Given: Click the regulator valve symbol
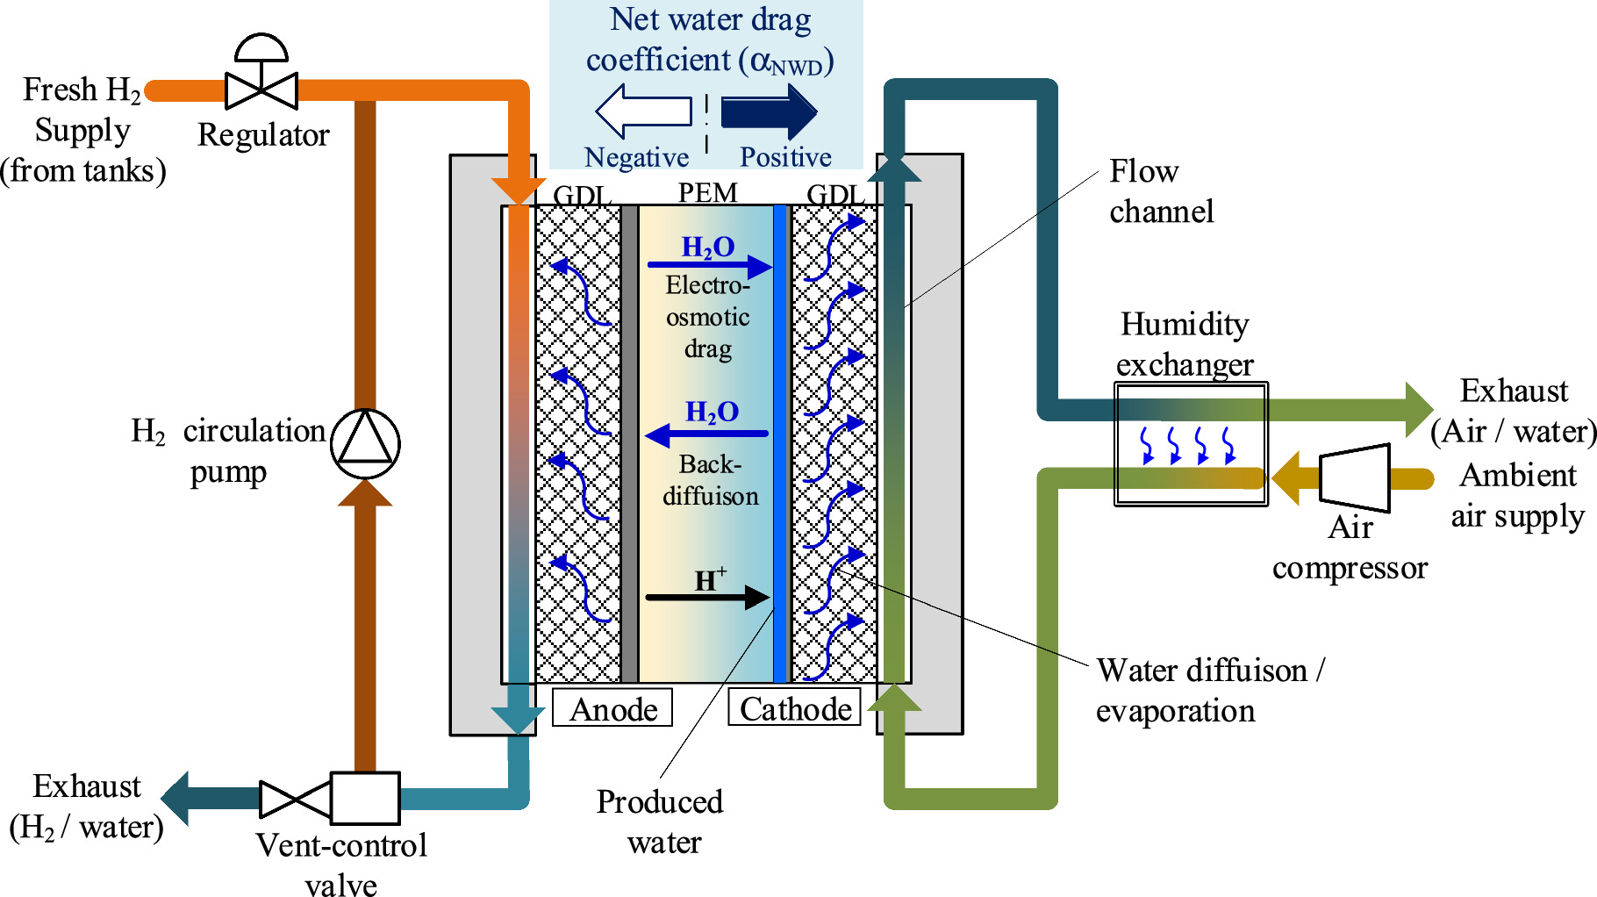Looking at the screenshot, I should pos(261,90).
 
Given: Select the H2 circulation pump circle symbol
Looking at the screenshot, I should pos(365,443).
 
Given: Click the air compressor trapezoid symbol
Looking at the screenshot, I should pos(1355,477).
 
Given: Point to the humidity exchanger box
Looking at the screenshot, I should pos(1191,443).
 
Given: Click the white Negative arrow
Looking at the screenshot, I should pos(643,111).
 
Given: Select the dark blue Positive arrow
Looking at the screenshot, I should pos(769,111).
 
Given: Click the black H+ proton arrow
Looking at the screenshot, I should pos(707,597).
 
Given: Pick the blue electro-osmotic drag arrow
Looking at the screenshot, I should pos(709,264).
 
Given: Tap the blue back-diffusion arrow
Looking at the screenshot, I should pos(706,434).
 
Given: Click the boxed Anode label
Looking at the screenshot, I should pos(612,707).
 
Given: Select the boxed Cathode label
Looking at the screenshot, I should pos(795,707).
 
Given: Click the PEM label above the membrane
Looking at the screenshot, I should pos(707,192).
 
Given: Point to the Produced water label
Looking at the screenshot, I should pos(661,821).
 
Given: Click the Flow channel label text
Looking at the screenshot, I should pos(1160,191).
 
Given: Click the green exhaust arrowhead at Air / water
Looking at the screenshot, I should pos(1418,410).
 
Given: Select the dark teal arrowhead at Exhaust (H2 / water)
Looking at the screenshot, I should pos(175,798).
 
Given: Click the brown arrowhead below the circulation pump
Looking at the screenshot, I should pos(365,493).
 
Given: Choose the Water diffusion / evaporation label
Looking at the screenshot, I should pos(1209,690).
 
